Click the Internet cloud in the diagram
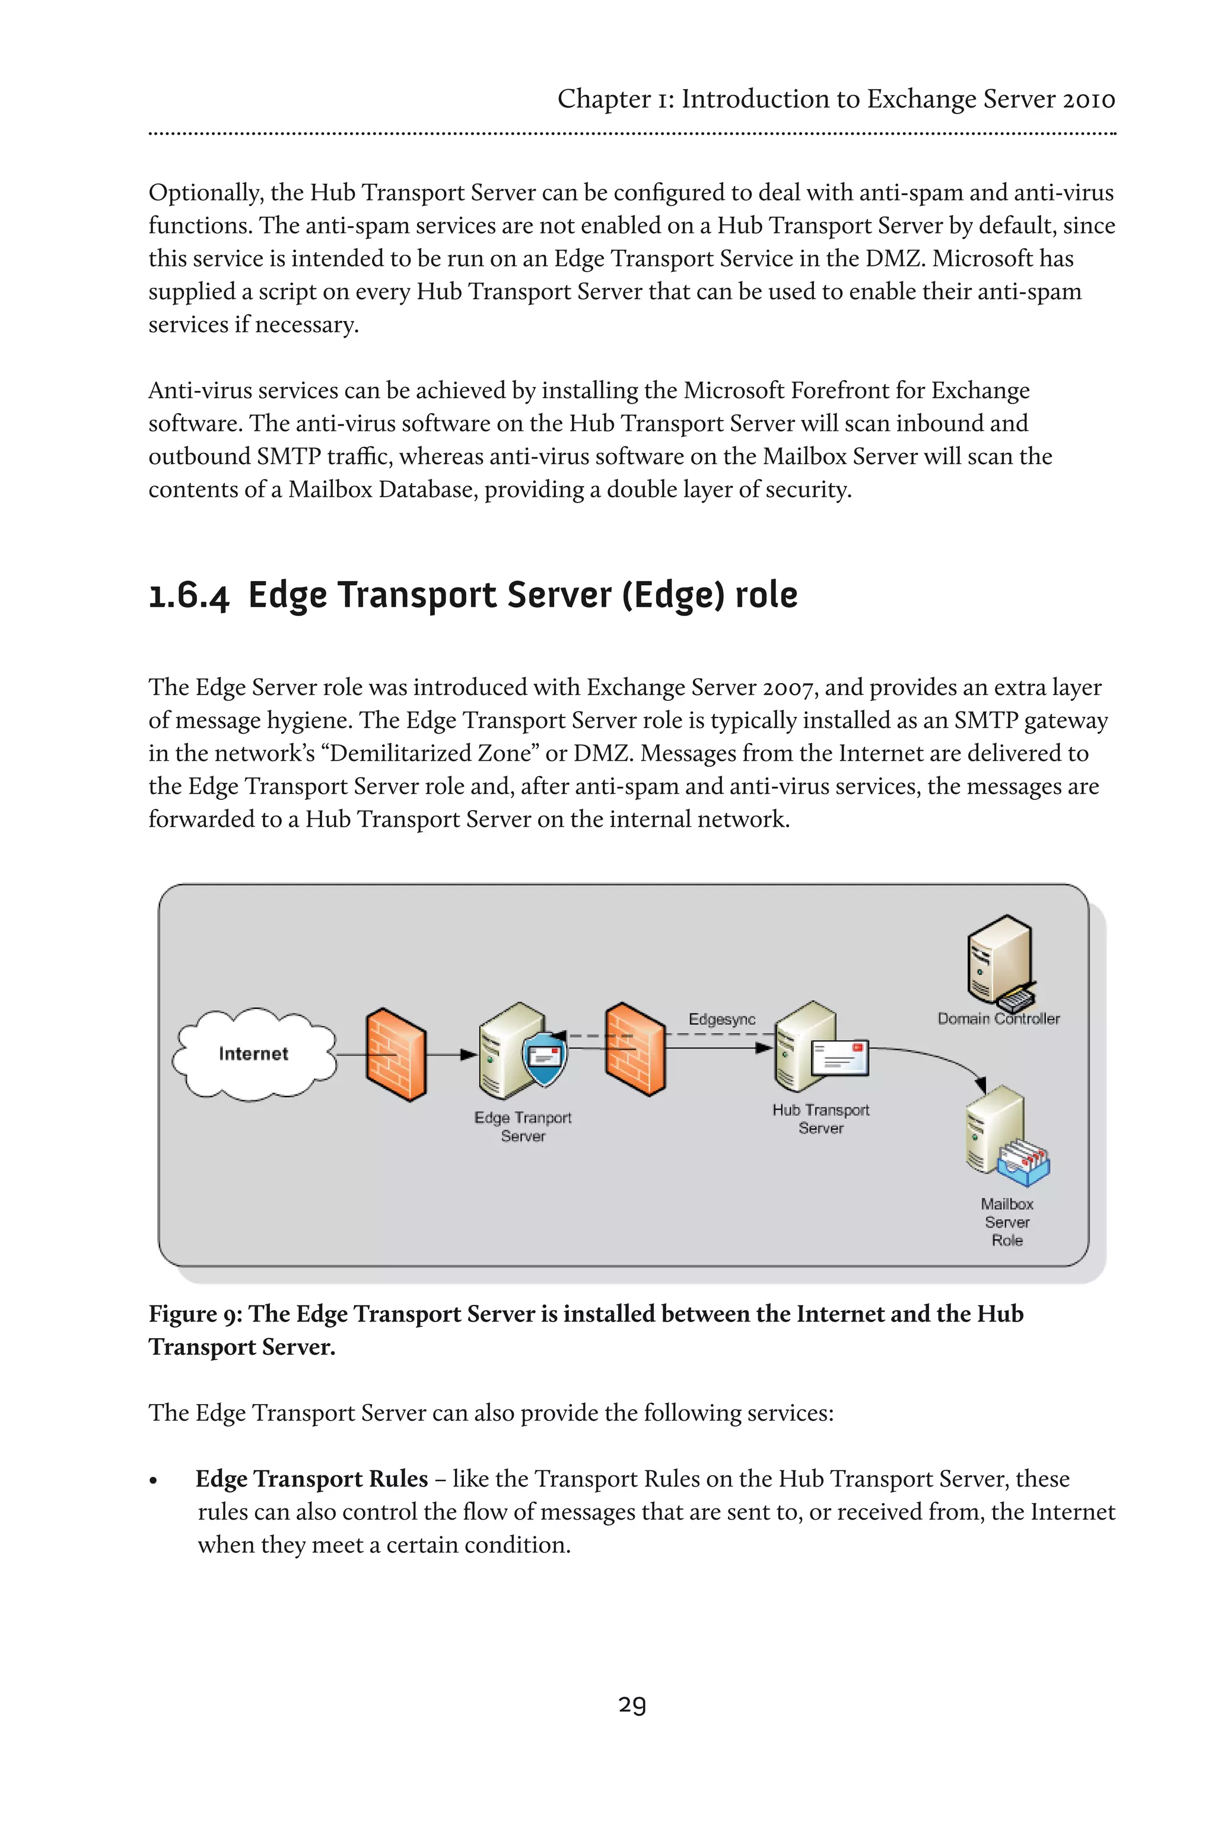[253, 1053]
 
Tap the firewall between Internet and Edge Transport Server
[395, 1054]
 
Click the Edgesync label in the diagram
[721, 1020]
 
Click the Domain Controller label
[998, 1018]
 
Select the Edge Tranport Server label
[523, 1126]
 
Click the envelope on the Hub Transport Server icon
[840, 1058]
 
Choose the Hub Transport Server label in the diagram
[820, 1119]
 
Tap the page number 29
[632, 1704]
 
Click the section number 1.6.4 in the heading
[189, 595]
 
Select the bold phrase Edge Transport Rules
[311, 1479]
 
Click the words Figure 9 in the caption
[194, 1314]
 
